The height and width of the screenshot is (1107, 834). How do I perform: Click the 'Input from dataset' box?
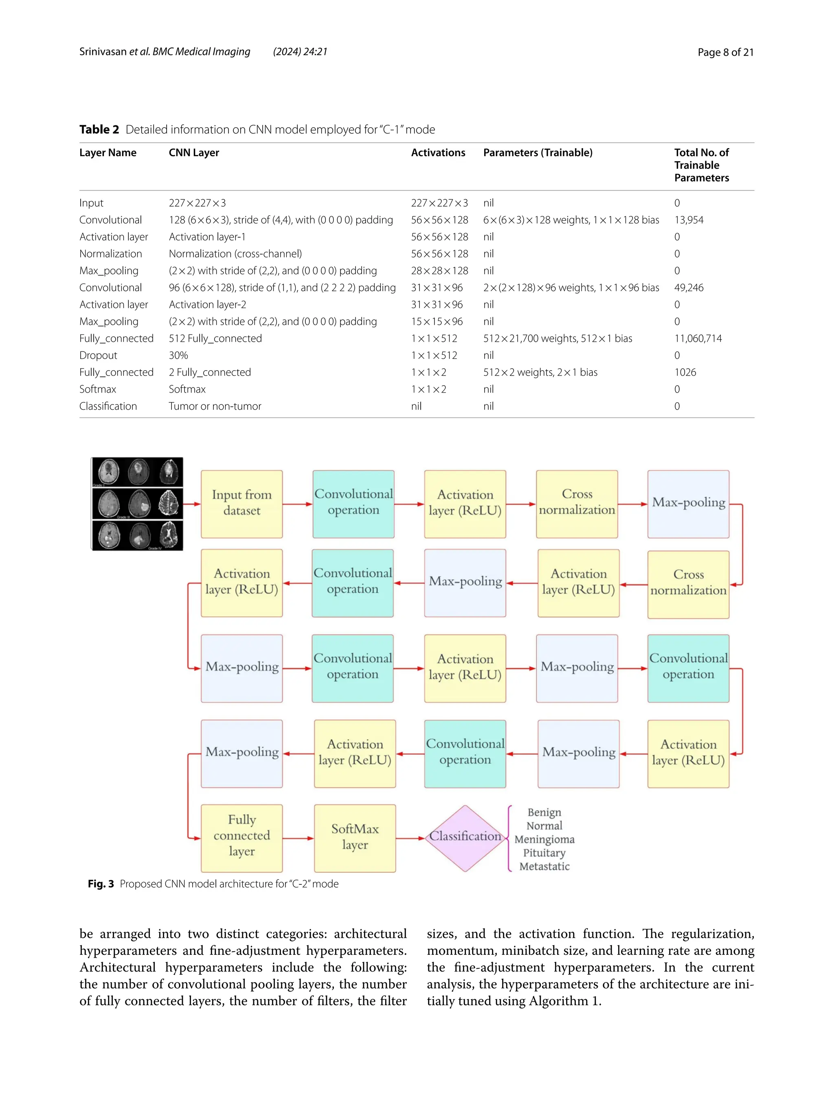[x=241, y=503]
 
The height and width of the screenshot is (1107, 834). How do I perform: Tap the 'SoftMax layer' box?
[x=355, y=838]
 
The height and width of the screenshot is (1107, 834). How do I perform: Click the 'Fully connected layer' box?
[x=241, y=838]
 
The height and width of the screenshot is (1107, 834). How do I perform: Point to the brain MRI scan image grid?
[x=137, y=503]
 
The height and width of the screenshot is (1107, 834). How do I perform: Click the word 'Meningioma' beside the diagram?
[x=544, y=839]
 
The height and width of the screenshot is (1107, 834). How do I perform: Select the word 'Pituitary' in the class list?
[x=544, y=853]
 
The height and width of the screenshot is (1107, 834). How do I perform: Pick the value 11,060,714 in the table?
[x=698, y=338]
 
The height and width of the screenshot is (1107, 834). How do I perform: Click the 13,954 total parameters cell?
[x=689, y=220]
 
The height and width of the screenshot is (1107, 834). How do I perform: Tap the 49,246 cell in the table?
[x=689, y=288]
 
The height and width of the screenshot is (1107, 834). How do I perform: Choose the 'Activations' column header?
[x=438, y=153]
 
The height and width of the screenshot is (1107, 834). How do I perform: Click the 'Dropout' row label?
[x=98, y=355]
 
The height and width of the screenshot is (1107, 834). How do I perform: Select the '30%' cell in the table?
[x=178, y=355]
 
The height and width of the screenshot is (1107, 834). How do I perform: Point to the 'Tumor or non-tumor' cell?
[x=215, y=406]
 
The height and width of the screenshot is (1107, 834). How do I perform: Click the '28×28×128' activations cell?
[x=439, y=271]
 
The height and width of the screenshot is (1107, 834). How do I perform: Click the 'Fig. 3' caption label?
[x=101, y=884]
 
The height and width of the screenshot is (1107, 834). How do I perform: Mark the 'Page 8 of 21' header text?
[x=725, y=52]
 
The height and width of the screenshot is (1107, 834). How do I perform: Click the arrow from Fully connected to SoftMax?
[x=298, y=838]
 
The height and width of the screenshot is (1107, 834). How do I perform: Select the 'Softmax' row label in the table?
[x=98, y=389]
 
